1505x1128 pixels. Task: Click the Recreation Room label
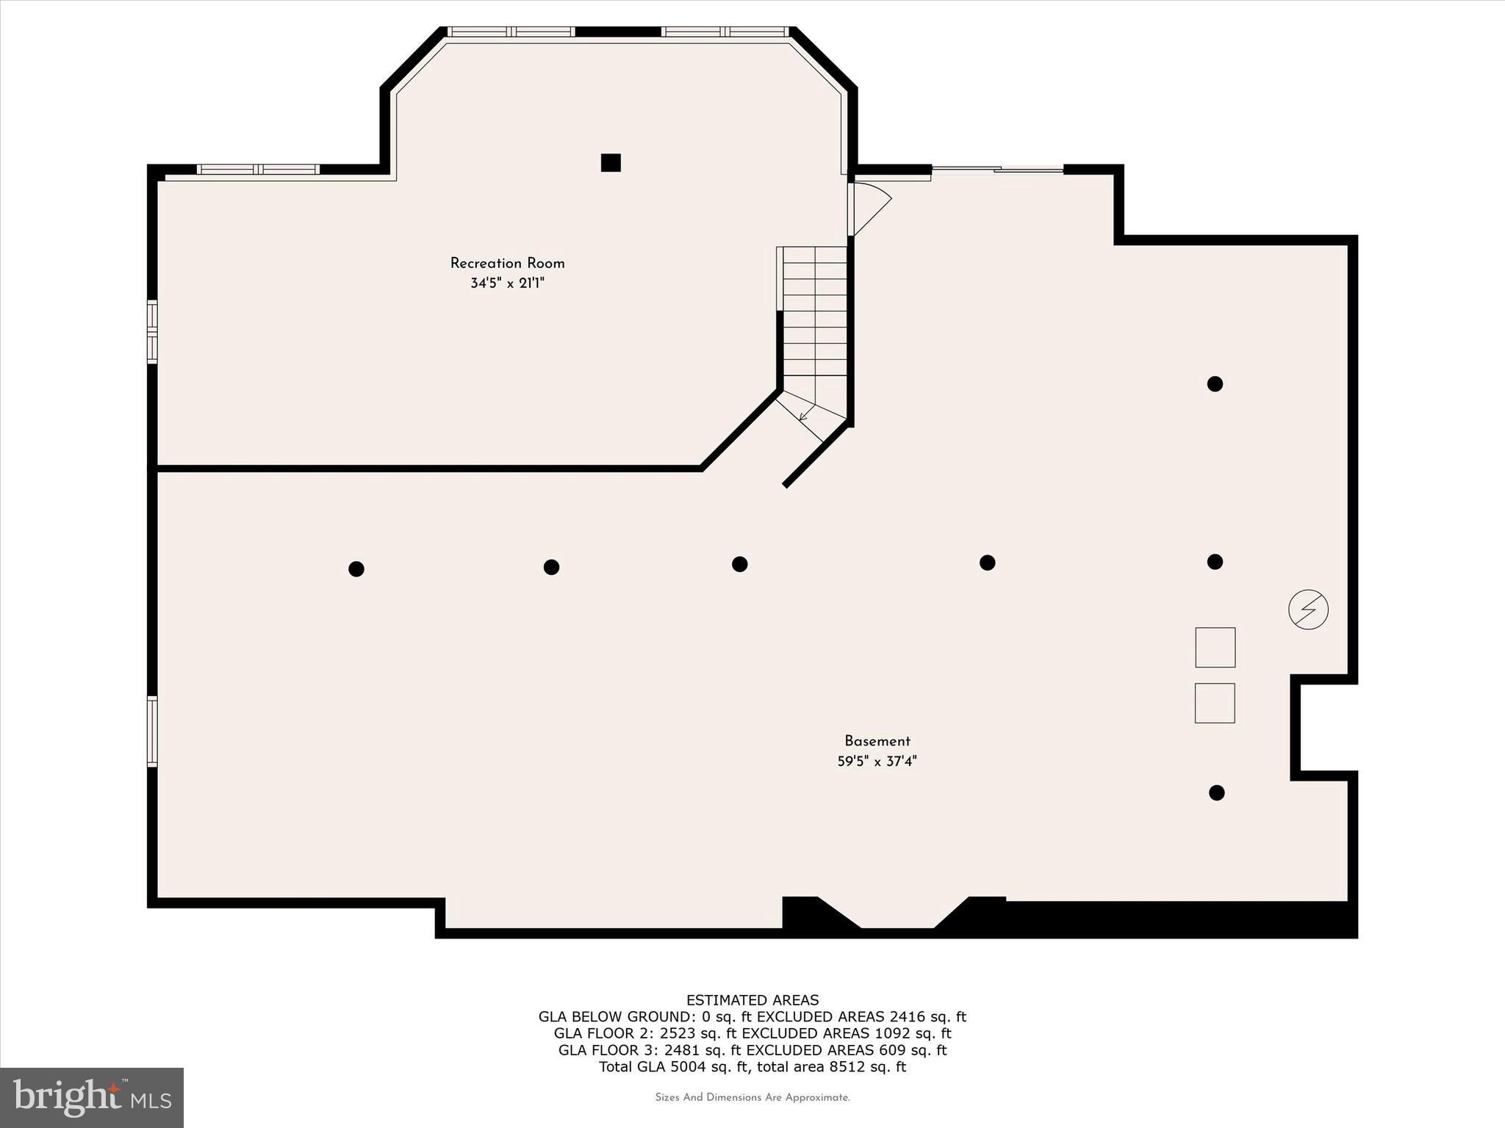pyautogui.click(x=507, y=263)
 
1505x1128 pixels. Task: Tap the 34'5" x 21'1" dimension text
pyautogui.click(x=507, y=283)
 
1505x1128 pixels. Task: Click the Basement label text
pyautogui.click(x=877, y=741)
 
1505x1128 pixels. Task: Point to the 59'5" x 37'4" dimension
pyautogui.click(x=877, y=762)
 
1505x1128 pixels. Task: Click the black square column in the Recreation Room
pyautogui.click(x=611, y=162)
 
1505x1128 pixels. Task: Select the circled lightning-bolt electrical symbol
pyautogui.click(x=1308, y=610)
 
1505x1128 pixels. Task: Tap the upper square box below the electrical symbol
pyautogui.click(x=1215, y=647)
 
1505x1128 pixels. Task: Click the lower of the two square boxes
pyautogui.click(x=1215, y=703)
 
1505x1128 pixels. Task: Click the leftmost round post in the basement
pyautogui.click(x=356, y=568)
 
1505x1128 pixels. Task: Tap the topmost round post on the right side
pyautogui.click(x=1215, y=383)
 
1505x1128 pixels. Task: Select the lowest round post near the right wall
pyautogui.click(x=1216, y=792)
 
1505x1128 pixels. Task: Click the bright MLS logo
pyautogui.click(x=92, y=1097)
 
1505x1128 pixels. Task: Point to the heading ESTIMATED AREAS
pyautogui.click(x=752, y=999)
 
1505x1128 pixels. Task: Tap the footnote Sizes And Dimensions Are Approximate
pyautogui.click(x=752, y=1098)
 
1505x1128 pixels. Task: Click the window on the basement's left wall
pyautogui.click(x=153, y=731)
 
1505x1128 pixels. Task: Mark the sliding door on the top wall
pyautogui.click(x=997, y=170)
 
